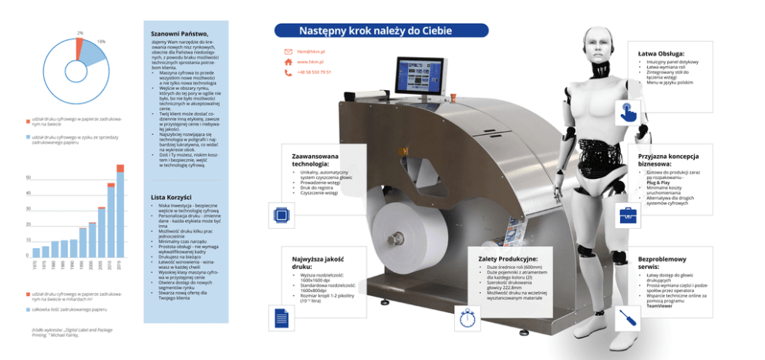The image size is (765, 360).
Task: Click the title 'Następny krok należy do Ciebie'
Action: pos(380,31)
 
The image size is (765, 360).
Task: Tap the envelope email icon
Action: pos(288,52)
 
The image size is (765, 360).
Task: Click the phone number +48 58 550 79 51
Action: pos(314,72)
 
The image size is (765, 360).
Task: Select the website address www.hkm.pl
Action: pos(309,62)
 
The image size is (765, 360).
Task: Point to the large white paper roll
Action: pos(402,230)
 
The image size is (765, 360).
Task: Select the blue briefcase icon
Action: pos(628,215)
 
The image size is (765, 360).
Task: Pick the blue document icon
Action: pos(281,317)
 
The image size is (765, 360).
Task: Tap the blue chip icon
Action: pos(281,215)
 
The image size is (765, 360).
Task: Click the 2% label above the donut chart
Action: pos(80,33)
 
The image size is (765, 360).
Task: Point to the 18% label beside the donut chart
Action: pos(101,41)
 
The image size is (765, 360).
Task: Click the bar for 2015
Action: pos(120,212)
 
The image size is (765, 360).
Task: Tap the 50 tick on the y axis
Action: pos(29,177)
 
